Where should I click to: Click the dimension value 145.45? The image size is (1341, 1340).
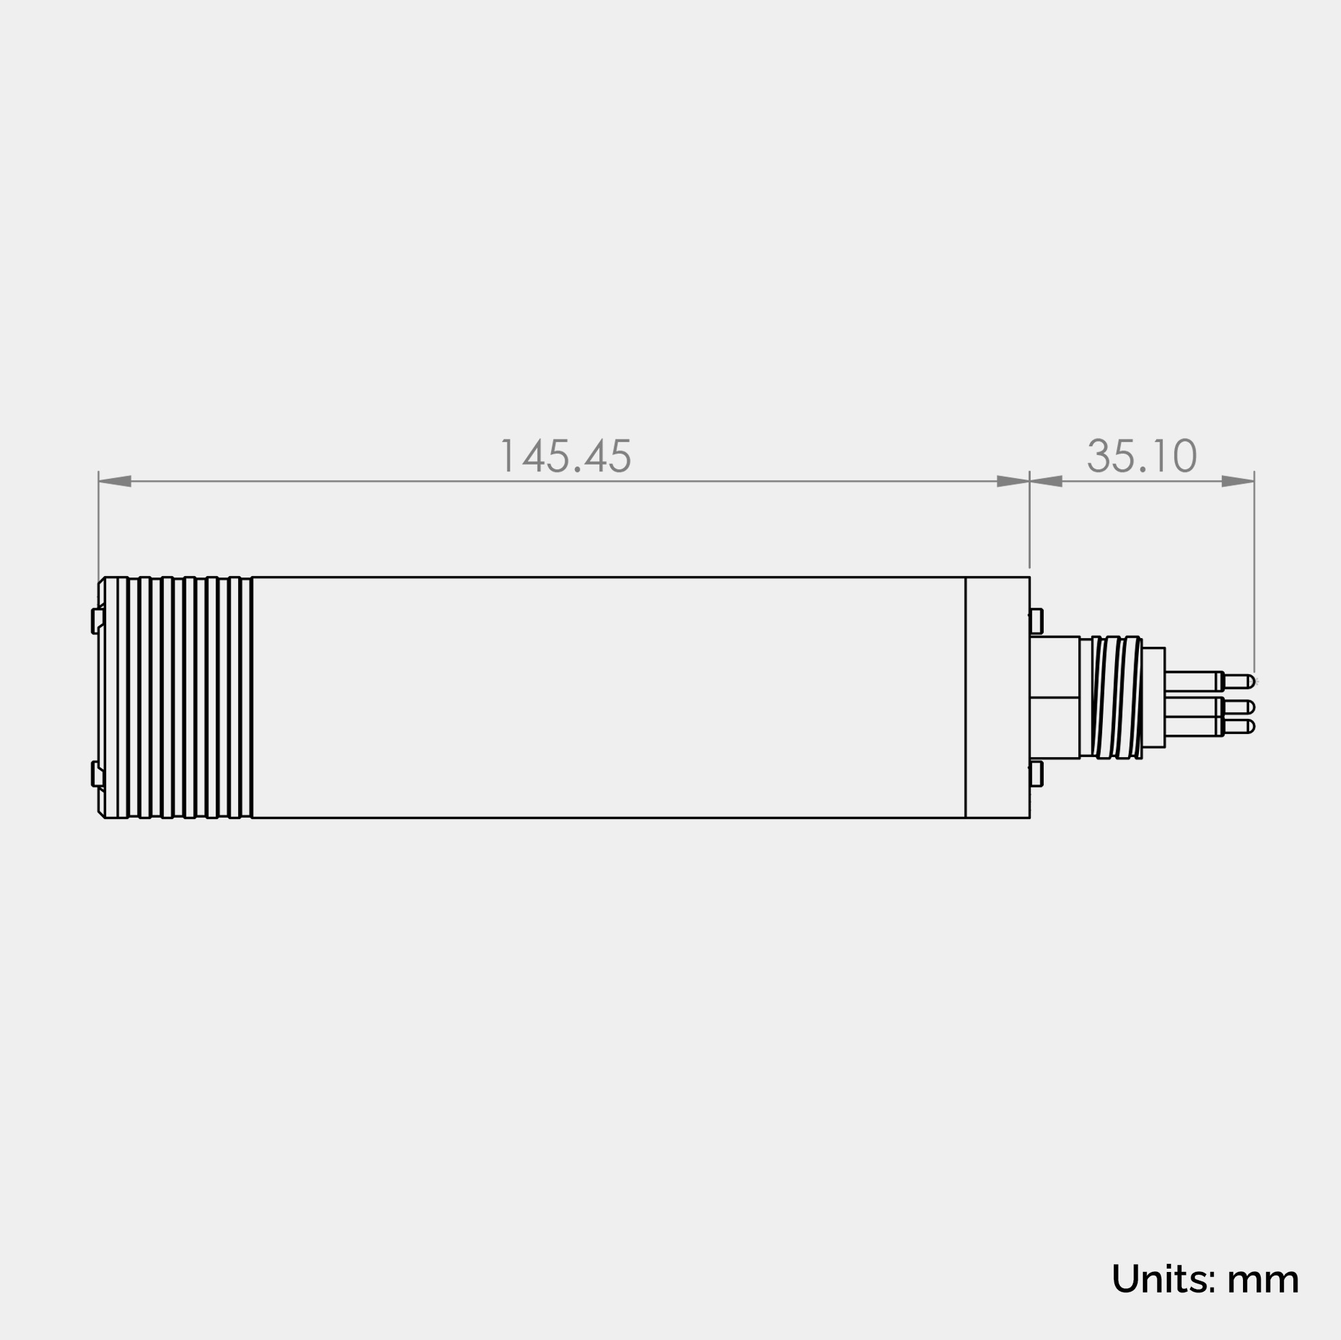click(565, 456)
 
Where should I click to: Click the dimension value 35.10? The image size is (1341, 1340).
click(1142, 456)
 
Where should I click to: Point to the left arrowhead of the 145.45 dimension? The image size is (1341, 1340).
click(114, 482)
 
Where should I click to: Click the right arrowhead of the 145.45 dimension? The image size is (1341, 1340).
click(1012, 482)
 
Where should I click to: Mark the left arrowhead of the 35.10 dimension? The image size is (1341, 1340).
click(1046, 482)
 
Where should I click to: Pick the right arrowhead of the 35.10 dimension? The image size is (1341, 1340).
click(1238, 482)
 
